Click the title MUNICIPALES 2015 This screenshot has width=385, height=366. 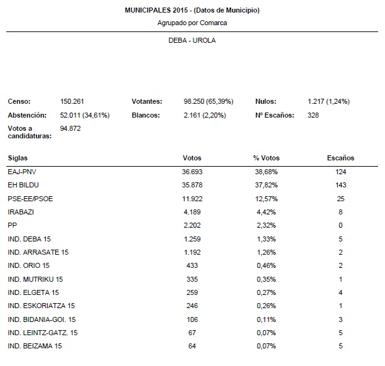click(192, 11)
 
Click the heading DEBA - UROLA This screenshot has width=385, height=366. click(192, 40)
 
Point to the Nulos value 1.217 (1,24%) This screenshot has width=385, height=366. click(328, 101)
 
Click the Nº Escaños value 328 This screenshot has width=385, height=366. click(313, 115)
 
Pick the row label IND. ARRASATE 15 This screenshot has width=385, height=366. click(38, 252)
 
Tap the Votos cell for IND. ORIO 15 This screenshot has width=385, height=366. click(192, 265)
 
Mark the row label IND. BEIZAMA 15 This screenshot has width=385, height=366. click(35, 346)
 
